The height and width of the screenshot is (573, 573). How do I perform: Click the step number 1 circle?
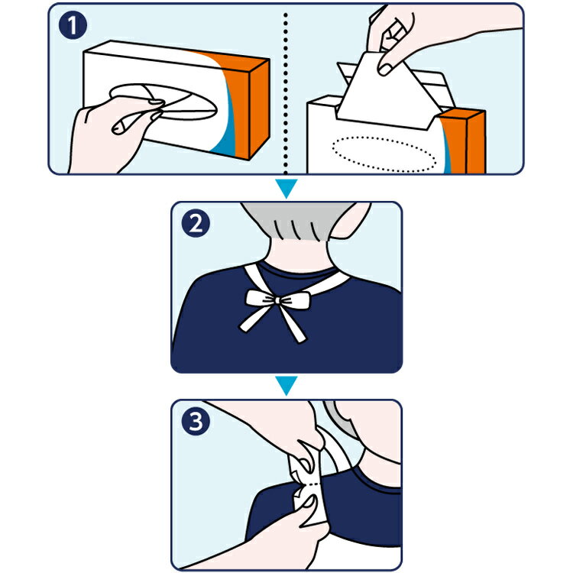click(73, 25)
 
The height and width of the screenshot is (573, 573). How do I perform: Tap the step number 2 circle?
click(196, 223)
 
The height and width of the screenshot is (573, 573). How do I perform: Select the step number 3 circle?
click(196, 421)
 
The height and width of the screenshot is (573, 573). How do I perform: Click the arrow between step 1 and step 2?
click(286, 188)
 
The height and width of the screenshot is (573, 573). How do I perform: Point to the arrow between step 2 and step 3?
click(286, 385)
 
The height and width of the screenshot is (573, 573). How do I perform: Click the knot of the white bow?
click(277, 300)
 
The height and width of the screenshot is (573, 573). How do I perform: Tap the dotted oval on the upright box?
click(384, 154)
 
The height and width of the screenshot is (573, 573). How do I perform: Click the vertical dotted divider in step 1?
click(286, 93)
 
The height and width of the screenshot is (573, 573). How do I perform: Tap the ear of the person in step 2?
click(351, 221)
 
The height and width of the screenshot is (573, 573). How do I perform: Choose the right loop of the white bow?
click(295, 300)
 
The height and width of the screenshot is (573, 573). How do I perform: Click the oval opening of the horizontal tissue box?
click(163, 102)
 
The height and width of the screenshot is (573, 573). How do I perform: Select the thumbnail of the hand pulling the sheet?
click(384, 70)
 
